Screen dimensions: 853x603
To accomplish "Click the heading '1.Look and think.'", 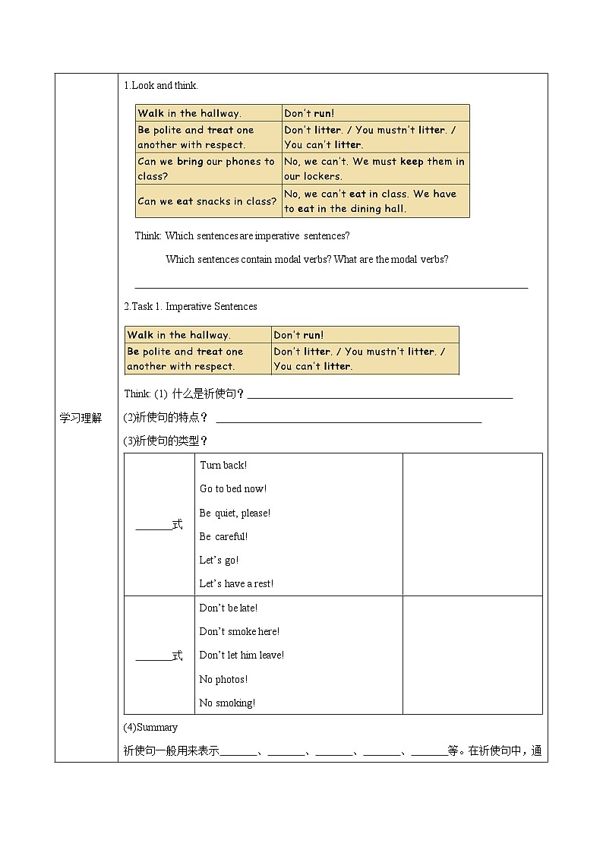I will point(160,86).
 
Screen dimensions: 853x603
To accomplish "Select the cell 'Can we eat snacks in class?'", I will point(207,201).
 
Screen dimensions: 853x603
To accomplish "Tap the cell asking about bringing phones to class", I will point(207,169).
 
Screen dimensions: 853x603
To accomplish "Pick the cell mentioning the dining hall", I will point(375,201).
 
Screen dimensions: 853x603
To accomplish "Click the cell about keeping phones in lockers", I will point(375,169).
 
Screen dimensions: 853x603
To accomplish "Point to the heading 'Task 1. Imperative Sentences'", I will point(191,307).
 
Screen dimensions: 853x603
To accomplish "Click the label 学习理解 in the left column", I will point(81,419).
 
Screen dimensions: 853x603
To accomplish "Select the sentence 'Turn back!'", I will point(223,465).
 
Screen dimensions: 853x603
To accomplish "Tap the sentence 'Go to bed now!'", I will point(233,488).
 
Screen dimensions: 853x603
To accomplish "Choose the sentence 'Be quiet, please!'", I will point(235,513).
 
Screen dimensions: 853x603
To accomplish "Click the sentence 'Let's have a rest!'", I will point(236,583).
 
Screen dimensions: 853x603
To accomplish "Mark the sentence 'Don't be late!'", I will point(229,608).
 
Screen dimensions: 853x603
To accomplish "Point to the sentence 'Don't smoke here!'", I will point(239,631).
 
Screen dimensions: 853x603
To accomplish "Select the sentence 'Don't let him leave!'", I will point(242,655).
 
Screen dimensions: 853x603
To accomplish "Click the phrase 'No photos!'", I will point(223,679).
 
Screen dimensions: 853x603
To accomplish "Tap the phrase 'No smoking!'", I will point(227,703).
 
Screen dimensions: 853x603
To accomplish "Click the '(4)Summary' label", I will point(150,727).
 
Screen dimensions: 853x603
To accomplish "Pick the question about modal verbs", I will point(307,260).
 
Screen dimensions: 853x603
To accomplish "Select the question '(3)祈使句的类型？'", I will point(166,441).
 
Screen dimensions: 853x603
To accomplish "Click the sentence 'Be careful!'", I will point(223,536).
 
